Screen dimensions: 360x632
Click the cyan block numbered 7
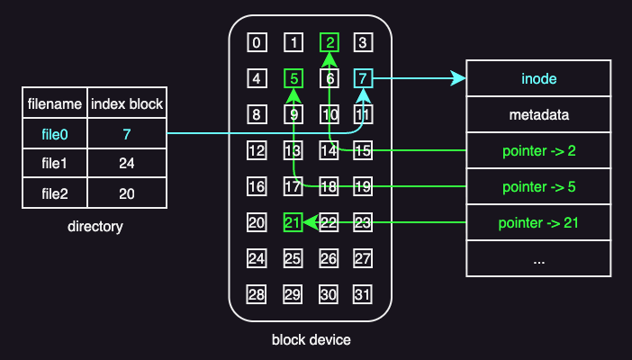tap(363, 78)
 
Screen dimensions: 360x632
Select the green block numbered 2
tap(330, 42)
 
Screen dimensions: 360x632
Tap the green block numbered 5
tap(293, 78)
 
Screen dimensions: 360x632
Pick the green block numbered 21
tap(293, 222)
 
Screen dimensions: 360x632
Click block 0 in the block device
tap(257, 42)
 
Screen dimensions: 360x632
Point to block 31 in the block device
tap(363, 294)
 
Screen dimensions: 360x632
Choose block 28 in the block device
tap(257, 294)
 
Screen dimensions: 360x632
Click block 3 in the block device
tap(363, 42)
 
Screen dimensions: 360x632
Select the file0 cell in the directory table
tap(54, 134)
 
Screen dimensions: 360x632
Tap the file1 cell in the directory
tap(54, 164)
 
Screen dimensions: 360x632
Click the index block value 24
tap(127, 164)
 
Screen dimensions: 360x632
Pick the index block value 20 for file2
tap(127, 193)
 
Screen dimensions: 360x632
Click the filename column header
tap(54, 104)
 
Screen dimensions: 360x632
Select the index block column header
tap(127, 104)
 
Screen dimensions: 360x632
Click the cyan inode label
tap(538, 79)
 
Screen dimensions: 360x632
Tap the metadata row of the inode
tap(538, 115)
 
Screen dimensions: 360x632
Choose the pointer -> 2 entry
tap(538, 150)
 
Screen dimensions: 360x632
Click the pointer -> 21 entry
tap(538, 222)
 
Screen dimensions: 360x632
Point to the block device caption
tap(311, 340)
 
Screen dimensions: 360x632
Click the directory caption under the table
tap(95, 226)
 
